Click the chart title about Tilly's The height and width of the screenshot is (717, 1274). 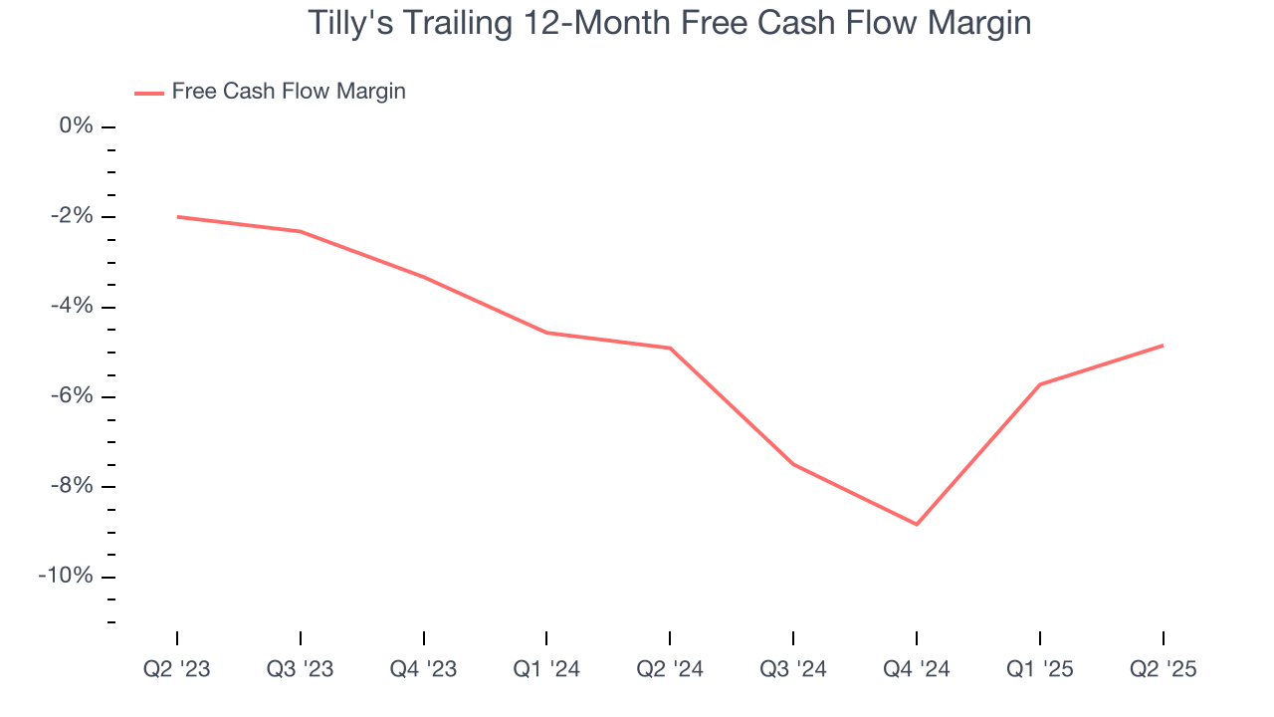pos(669,23)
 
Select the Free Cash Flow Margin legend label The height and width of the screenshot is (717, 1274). pos(289,92)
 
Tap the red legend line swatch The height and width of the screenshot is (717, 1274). pos(149,94)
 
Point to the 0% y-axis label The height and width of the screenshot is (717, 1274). pos(76,126)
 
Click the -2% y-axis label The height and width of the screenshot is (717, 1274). pos(72,217)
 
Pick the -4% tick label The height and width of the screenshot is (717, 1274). pos(72,307)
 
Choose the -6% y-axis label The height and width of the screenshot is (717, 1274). pos(72,396)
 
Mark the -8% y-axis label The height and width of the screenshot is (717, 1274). pos(72,487)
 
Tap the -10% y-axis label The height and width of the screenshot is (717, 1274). pos(67,577)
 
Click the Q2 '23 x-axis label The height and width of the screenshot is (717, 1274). pos(177,670)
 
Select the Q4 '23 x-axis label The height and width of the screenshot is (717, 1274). pos(424,670)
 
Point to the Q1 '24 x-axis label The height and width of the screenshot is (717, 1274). pos(546,670)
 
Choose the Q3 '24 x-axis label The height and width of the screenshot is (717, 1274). pos(793,670)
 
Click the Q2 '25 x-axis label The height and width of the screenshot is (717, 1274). pos(1163,670)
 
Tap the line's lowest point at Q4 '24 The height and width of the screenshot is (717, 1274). pos(917,524)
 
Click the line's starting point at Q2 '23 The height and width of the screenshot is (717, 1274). pos(177,216)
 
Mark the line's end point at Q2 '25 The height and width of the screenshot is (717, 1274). pos(1163,346)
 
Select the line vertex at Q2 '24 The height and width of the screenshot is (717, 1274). pos(670,348)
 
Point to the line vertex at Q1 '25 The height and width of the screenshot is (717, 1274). pos(1040,384)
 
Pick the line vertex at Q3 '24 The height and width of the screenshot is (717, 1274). pos(793,464)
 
